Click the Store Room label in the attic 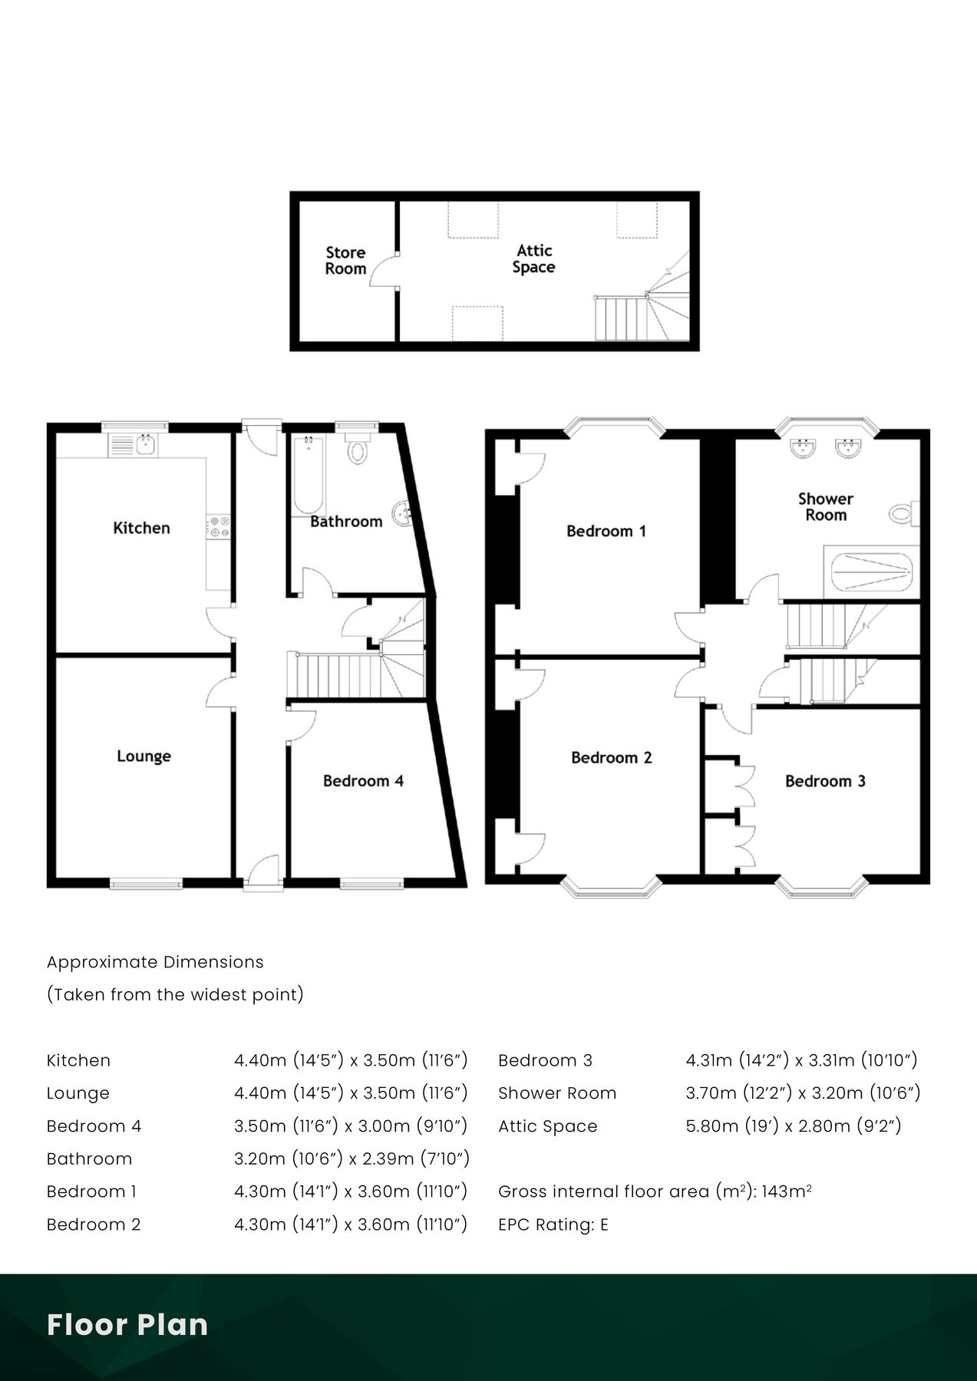pyautogui.click(x=345, y=261)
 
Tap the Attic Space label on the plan pyautogui.click(x=534, y=259)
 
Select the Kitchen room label pyautogui.click(x=141, y=528)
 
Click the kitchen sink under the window pyautogui.click(x=134, y=444)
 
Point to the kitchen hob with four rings pyautogui.click(x=219, y=526)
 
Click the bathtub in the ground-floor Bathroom pyautogui.click(x=308, y=475)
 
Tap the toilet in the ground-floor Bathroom pyautogui.click(x=358, y=447)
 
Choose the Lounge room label pyautogui.click(x=144, y=756)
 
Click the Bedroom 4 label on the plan pyautogui.click(x=363, y=781)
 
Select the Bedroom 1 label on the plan pyautogui.click(x=606, y=531)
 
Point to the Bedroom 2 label pyautogui.click(x=612, y=758)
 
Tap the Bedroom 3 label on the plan pyautogui.click(x=825, y=781)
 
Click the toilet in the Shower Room pyautogui.click(x=904, y=513)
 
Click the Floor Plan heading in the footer pyautogui.click(x=127, y=1325)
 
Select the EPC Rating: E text pyautogui.click(x=553, y=1224)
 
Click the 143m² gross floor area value pyautogui.click(x=787, y=1191)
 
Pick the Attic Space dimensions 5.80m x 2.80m pyautogui.click(x=794, y=1126)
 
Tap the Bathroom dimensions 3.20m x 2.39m pyautogui.click(x=352, y=1159)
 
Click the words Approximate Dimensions pyautogui.click(x=155, y=962)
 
